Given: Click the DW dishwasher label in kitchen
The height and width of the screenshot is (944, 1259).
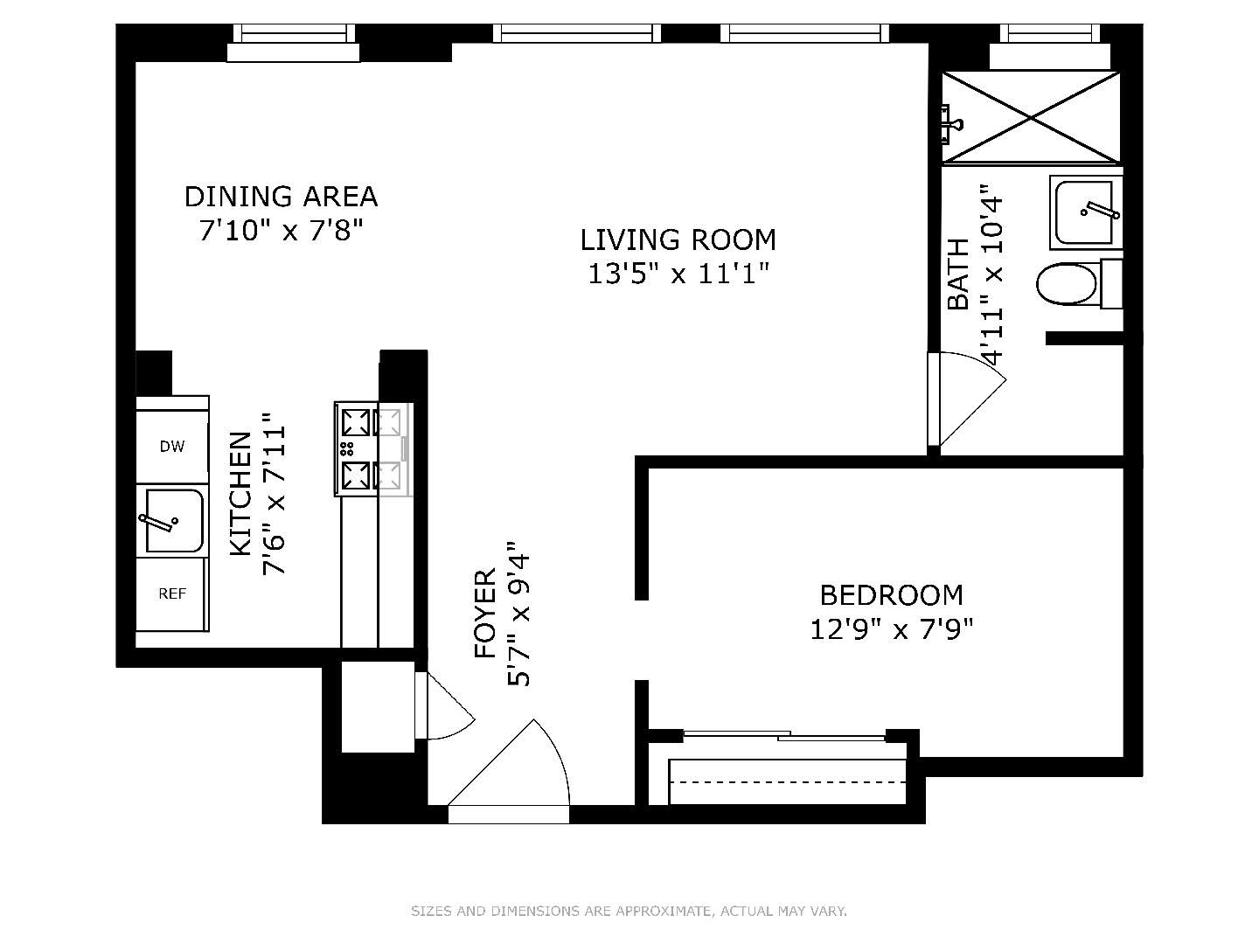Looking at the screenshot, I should coord(172,447).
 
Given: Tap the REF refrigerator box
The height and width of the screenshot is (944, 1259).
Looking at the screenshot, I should coord(172,593).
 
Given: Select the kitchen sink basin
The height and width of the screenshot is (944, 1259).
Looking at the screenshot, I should coord(174,521).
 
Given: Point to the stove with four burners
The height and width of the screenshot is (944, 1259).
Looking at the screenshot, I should coord(372,449).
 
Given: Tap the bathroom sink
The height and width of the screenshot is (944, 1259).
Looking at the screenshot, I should coord(1084,212).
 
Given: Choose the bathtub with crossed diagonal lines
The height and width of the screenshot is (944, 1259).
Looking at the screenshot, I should coord(1031,117).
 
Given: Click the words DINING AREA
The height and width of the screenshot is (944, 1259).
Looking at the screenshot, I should coord(281,197).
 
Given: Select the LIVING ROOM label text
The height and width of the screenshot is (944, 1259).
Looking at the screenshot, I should coord(678,239).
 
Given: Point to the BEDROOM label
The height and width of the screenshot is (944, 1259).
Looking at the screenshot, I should coord(891,595).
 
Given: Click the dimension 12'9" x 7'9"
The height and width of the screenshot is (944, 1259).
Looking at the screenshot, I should coord(891,629).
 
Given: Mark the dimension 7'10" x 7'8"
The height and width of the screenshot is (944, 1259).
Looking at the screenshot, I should coord(281,232).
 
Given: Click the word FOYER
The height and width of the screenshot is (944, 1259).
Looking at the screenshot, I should coord(485,614).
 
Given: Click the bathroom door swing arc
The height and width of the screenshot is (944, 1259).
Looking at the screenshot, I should coord(970,399).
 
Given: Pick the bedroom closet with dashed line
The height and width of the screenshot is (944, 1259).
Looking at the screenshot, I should coord(789,781).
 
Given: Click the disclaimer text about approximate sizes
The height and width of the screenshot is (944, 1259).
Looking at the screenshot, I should coord(629,912).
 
